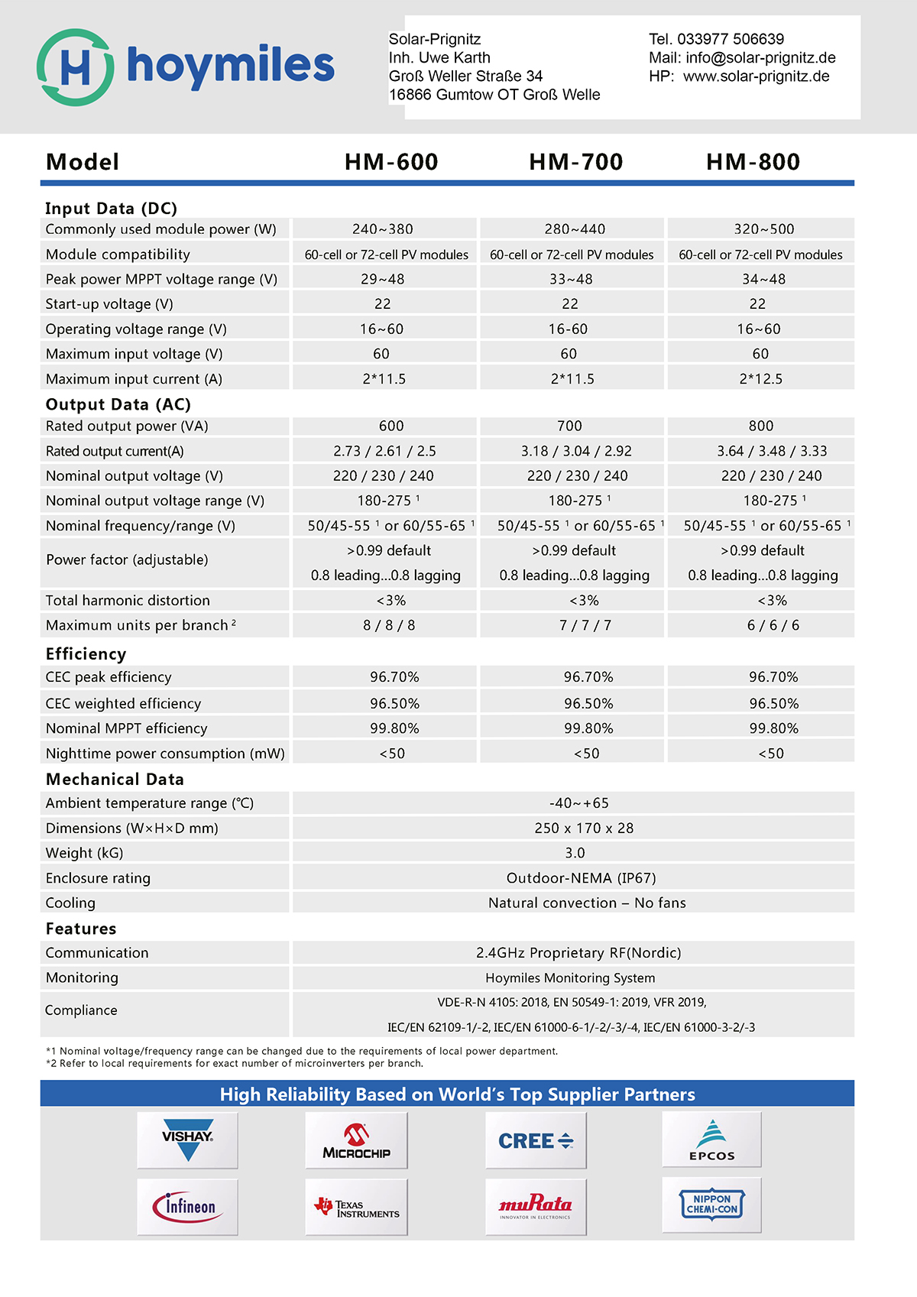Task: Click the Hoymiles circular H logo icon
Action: point(75,67)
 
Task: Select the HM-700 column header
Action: point(575,162)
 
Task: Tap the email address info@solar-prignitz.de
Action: point(760,58)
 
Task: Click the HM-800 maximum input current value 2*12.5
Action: point(760,379)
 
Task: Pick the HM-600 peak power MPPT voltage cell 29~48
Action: point(383,280)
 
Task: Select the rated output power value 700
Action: point(569,426)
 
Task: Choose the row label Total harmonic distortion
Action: point(128,601)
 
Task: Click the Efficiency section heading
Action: point(86,654)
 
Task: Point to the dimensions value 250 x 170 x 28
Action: point(584,828)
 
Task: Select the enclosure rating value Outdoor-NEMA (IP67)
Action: point(581,878)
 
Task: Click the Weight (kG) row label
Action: point(84,854)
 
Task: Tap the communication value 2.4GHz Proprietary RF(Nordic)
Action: point(578,953)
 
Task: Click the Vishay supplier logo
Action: point(187,1140)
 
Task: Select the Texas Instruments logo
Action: point(356,1207)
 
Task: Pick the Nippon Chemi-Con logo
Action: point(711,1205)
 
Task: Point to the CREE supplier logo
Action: point(536,1140)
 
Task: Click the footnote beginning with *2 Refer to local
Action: point(234,1064)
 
